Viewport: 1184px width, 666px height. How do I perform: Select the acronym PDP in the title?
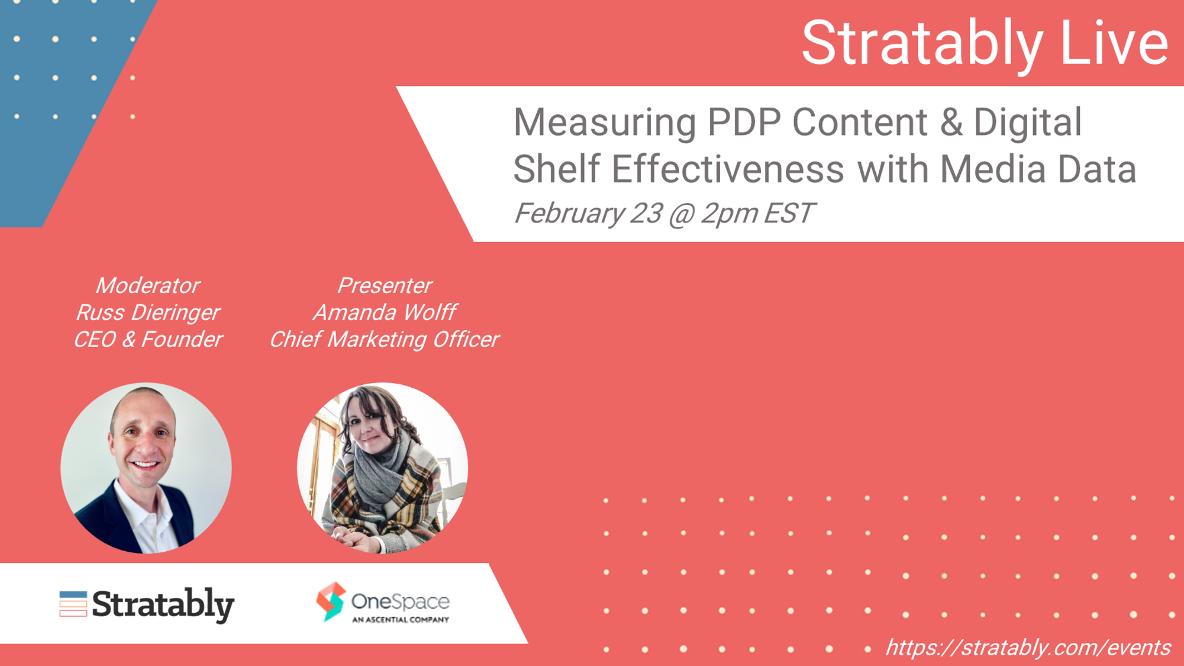pos(743,122)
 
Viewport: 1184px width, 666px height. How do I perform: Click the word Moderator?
pos(148,286)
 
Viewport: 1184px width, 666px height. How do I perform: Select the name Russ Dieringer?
pos(148,313)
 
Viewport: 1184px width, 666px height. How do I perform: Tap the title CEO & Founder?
pos(148,339)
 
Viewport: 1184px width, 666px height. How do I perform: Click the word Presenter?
pos(385,286)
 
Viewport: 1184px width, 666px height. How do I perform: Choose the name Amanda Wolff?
pos(385,312)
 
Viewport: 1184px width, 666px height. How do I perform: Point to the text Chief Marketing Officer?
pos(385,339)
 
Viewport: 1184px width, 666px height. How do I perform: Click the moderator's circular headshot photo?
pos(146,468)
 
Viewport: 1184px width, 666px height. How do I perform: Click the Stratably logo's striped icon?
pos(73,604)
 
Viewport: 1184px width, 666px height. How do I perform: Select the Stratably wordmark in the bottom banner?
pos(163,605)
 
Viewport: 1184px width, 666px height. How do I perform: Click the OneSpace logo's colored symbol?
pos(331,601)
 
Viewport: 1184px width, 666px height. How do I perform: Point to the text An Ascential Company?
pos(401,620)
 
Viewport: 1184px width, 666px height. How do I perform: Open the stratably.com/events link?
pos(1028,648)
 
